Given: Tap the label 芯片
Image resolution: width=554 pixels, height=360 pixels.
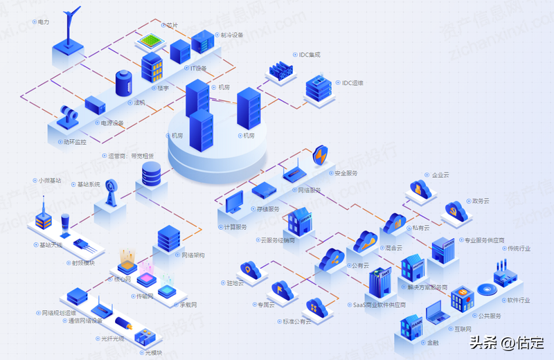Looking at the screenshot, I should click(x=172, y=26).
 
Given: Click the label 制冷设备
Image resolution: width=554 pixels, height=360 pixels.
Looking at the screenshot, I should click(x=232, y=35).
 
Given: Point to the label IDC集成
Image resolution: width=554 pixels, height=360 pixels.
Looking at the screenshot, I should click(x=309, y=54).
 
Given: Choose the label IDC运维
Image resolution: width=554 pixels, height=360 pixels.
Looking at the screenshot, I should click(x=352, y=83).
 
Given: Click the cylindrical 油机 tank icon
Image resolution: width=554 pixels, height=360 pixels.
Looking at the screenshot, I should click(x=123, y=84).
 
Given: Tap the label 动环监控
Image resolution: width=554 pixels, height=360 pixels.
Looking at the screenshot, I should click(x=74, y=141).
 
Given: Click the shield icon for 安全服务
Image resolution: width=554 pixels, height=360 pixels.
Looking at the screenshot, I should click(x=321, y=156).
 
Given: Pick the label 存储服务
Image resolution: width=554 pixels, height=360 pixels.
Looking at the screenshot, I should click(x=268, y=208).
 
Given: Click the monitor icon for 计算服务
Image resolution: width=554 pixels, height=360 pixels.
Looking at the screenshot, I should click(x=234, y=202).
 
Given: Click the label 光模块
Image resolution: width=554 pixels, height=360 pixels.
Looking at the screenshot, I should click(x=153, y=352).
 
